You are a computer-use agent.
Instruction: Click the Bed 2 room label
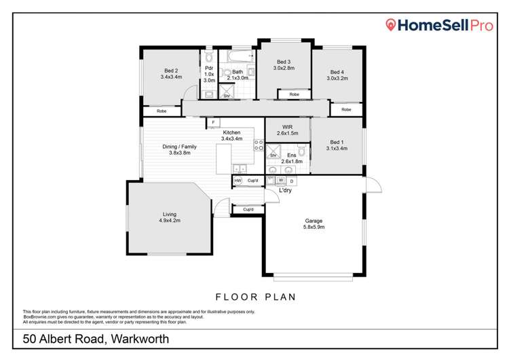(x=170, y=73)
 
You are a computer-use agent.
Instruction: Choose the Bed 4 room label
(x=337, y=75)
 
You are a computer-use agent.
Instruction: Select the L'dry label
(x=286, y=190)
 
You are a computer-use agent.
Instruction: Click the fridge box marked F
(x=214, y=122)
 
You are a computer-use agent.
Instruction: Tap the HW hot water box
(x=238, y=181)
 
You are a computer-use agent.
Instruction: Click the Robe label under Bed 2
(x=162, y=110)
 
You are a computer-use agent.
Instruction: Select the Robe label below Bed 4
(x=346, y=109)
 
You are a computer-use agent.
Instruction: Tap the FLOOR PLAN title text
(x=254, y=297)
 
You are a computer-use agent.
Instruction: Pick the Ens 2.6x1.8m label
(x=292, y=159)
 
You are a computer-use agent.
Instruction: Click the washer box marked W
(x=281, y=181)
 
